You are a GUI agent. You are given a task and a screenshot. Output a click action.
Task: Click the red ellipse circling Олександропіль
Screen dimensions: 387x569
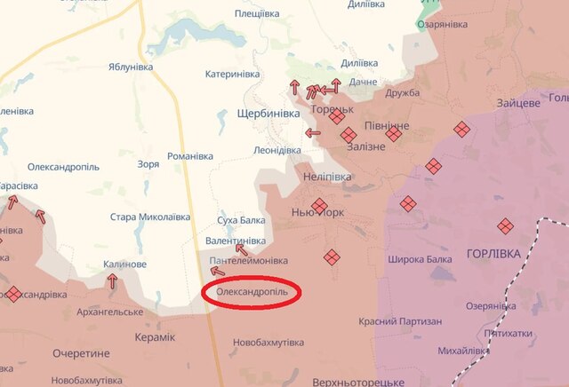click(x=253, y=292)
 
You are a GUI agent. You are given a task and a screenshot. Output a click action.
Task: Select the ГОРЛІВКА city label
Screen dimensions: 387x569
click(x=495, y=254)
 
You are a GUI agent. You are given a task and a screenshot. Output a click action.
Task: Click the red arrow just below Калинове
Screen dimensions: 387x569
click(x=112, y=280)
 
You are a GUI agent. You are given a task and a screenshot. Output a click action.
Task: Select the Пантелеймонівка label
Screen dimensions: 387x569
click(x=249, y=261)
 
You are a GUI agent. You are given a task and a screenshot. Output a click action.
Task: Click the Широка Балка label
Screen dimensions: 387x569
click(x=421, y=260)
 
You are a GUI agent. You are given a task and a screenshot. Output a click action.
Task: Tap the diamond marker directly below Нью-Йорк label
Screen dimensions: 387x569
click(x=332, y=257)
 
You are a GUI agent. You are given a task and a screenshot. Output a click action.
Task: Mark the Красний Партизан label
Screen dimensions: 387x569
click(x=400, y=321)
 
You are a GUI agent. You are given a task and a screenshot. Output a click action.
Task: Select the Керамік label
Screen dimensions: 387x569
click(x=156, y=337)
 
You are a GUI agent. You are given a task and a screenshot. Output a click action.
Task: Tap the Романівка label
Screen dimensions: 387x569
click(x=190, y=156)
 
